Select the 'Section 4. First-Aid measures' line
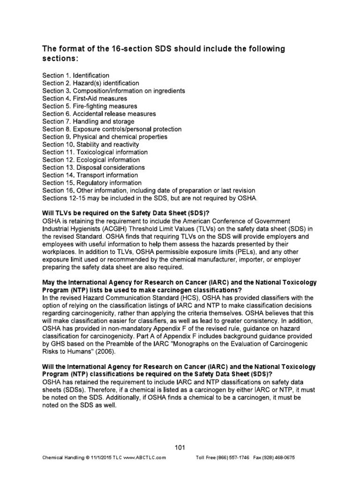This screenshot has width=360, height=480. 84,98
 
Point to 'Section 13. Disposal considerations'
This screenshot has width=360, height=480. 93,167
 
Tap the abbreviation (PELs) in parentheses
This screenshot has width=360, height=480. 236,251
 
